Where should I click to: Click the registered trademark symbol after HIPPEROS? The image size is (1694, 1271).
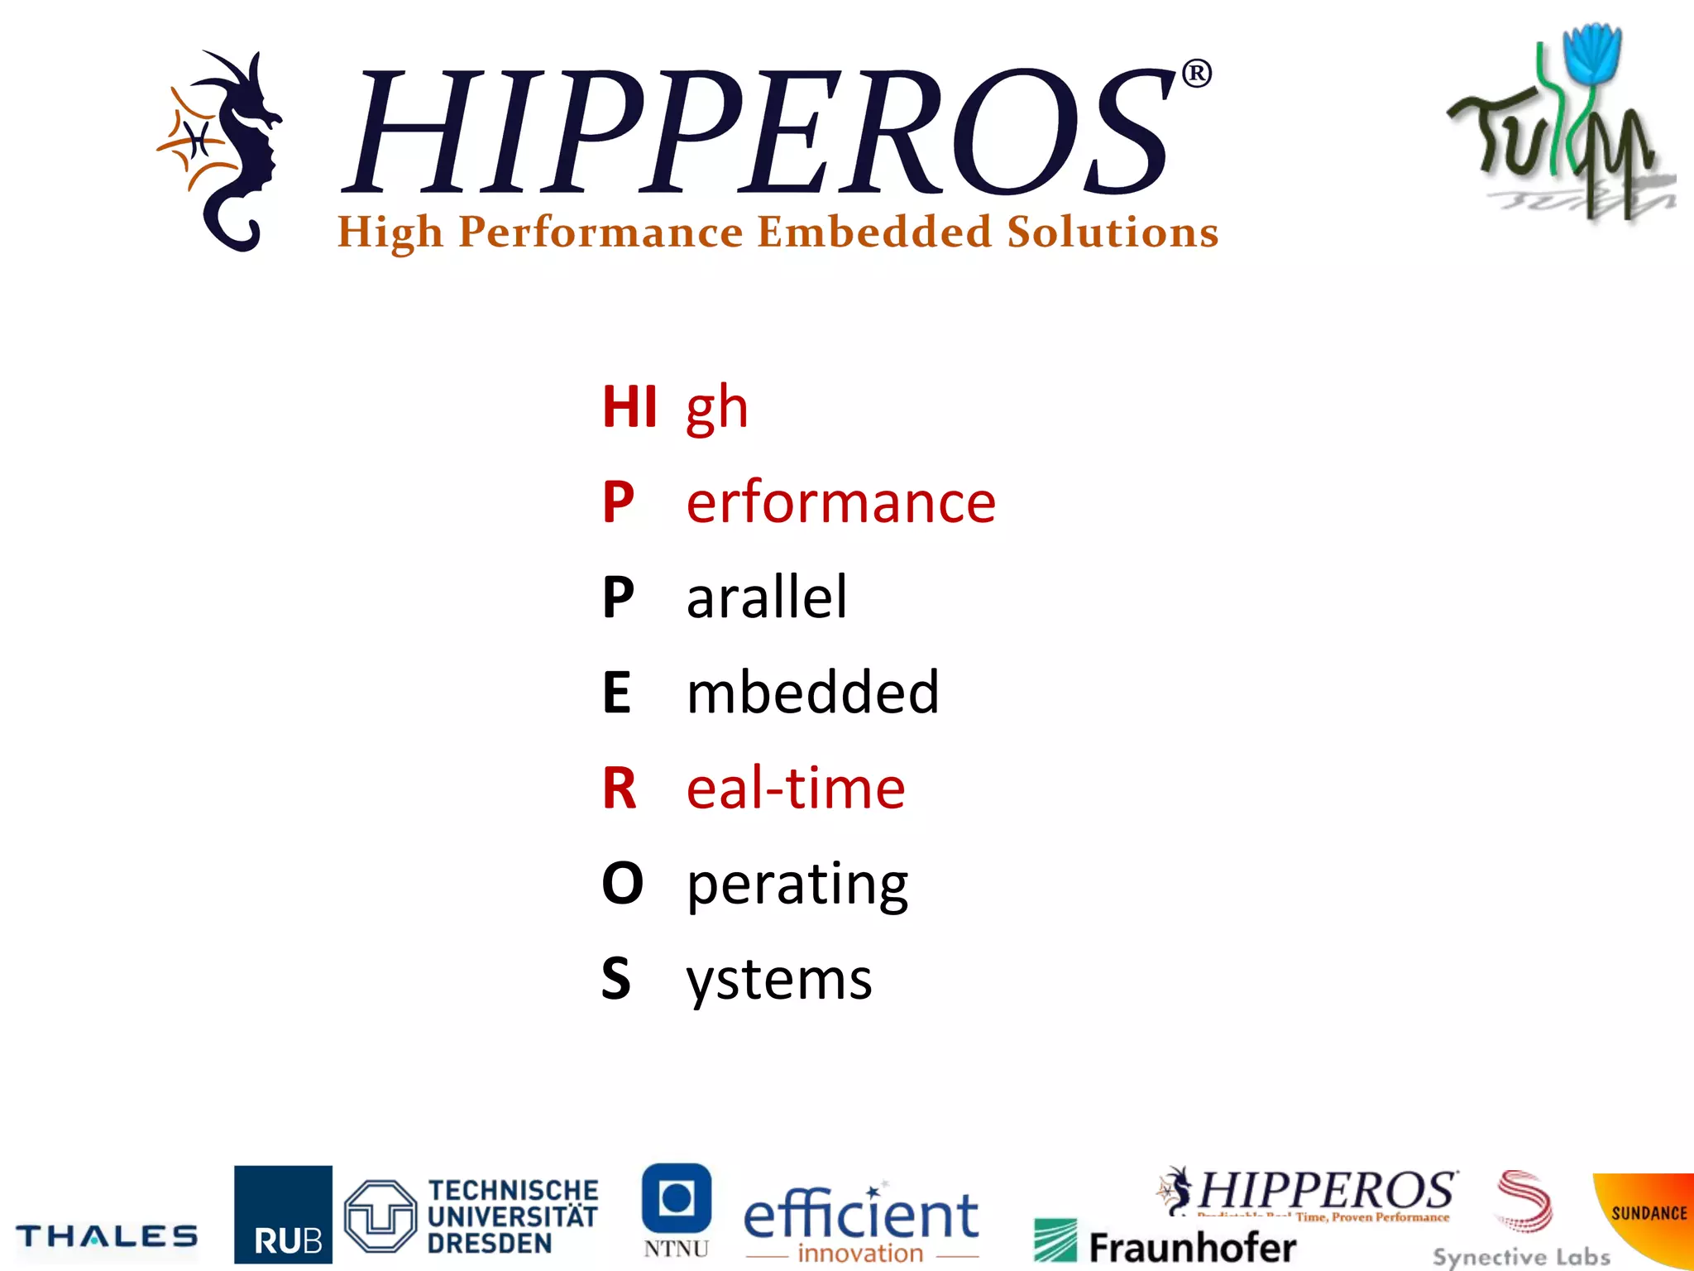tap(1197, 74)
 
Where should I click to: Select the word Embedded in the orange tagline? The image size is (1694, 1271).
tap(874, 233)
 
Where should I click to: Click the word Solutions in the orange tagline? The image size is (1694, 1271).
tap(1113, 233)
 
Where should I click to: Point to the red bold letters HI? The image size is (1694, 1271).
tap(629, 407)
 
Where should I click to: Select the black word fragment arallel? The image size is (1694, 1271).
tap(767, 597)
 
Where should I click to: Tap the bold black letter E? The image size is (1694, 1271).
tap(617, 693)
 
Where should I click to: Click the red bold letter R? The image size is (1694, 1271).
tap(620, 788)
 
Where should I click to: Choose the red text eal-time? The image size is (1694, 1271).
tap(796, 788)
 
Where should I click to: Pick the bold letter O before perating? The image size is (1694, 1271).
tap(622, 883)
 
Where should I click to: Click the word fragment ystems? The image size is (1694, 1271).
tap(779, 979)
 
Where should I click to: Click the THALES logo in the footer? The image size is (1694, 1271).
tap(107, 1236)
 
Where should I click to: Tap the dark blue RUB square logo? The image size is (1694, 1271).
tap(283, 1214)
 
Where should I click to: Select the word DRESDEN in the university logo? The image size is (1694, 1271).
tap(490, 1244)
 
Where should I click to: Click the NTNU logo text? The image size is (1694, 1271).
tap(677, 1249)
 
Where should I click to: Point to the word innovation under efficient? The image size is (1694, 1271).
tap(860, 1254)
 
